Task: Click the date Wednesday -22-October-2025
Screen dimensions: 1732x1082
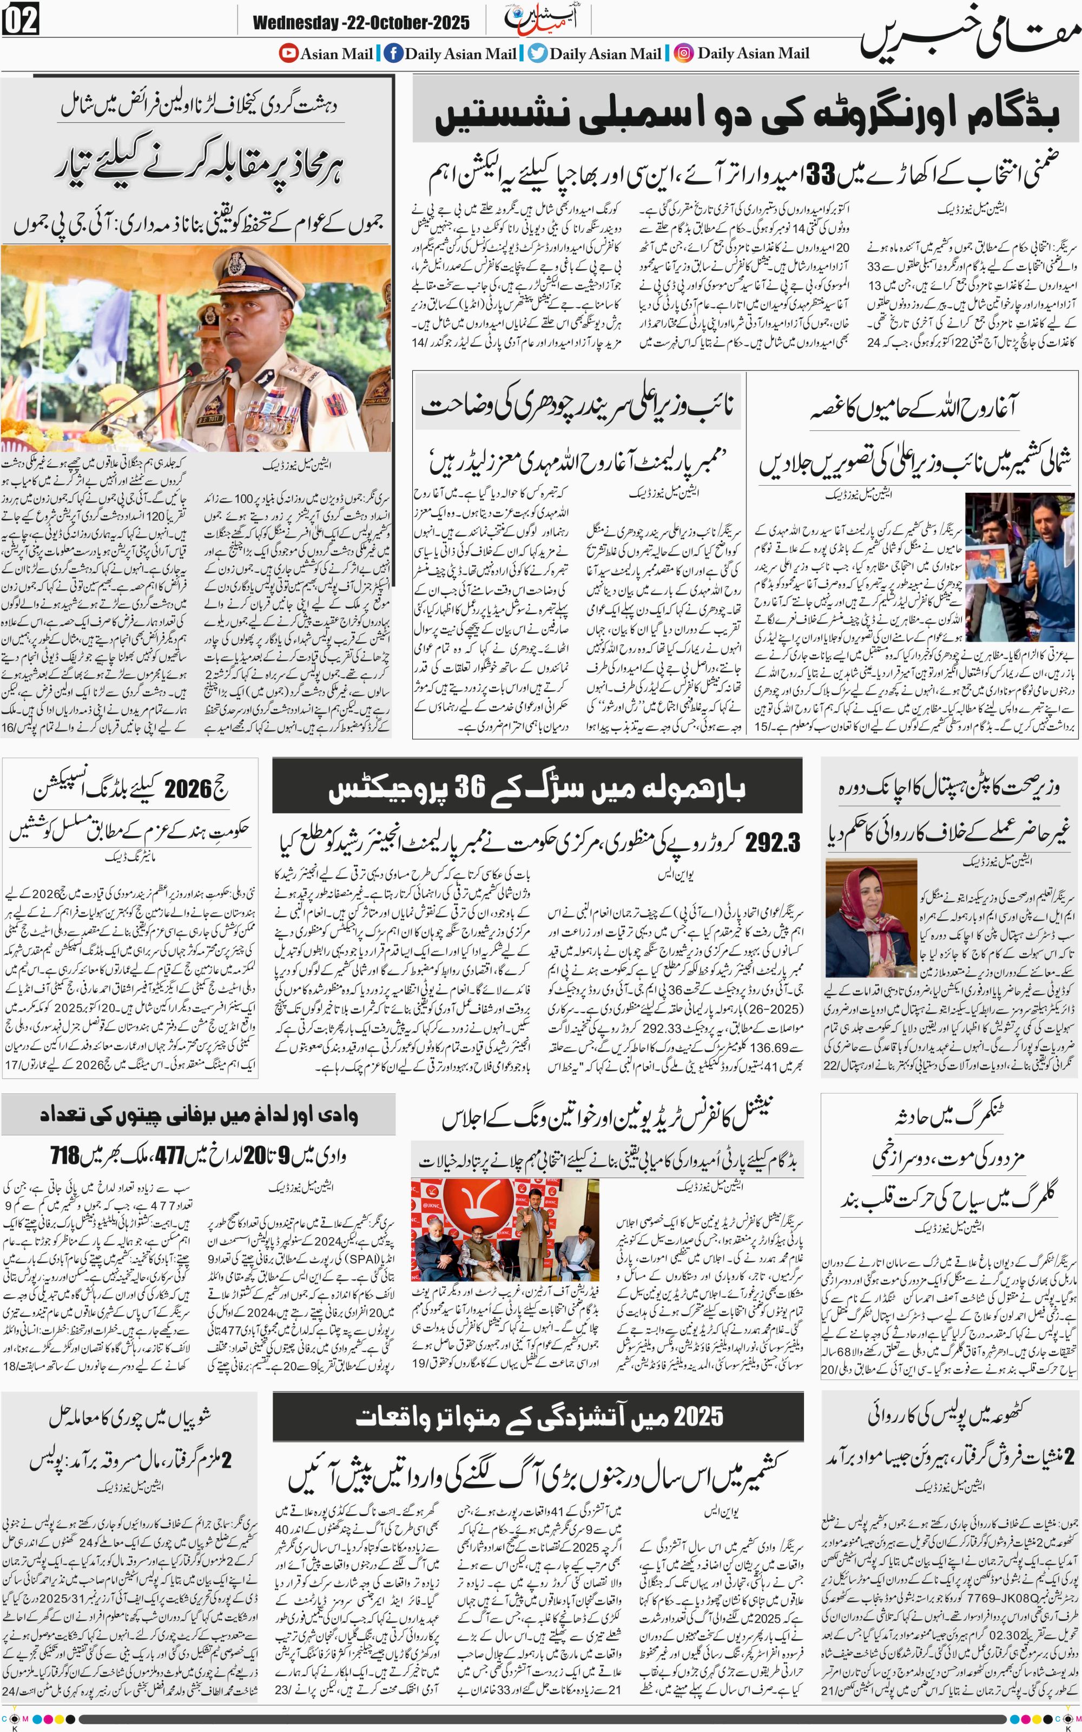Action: point(361,23)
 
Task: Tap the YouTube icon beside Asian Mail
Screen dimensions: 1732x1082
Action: point(288,53)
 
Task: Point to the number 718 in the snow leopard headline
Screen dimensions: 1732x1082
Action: point(64,1155)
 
